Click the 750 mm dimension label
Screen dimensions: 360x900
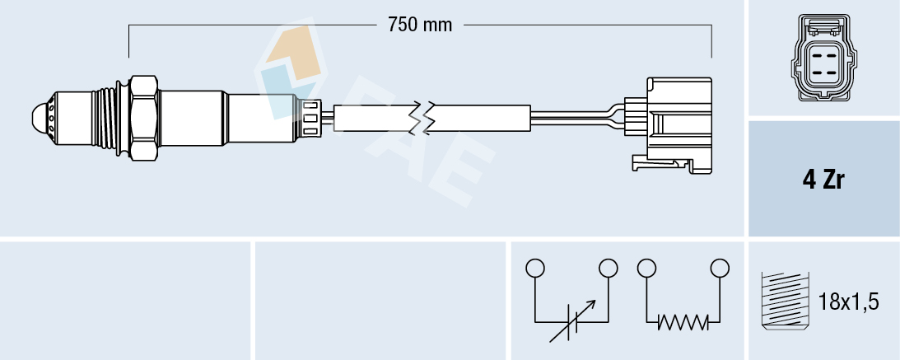pos(420,25)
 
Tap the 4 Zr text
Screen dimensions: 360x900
pos(823,180)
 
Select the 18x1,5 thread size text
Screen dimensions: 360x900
pos(850,302)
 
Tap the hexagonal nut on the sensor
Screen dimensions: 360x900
pos(143,117)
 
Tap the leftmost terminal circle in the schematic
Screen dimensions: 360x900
pos(535,268)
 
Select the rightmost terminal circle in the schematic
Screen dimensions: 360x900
pos(720,268)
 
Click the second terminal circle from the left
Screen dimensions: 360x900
pos(609,268)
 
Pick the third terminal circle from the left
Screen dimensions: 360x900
pos(646,268)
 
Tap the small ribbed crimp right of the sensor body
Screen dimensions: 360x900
pos(310,117)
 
